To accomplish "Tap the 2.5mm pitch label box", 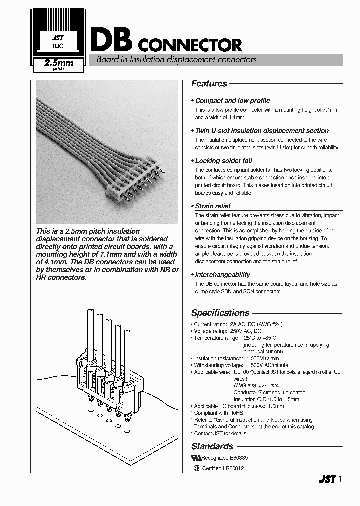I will (x=58, y=65).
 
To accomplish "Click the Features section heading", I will (x=209, y=84).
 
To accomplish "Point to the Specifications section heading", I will (x=220, y=313).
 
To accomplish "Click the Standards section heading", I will (x=212, y=446).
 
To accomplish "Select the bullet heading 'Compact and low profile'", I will (x=232, y=100).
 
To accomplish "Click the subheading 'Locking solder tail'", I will (x=223, y=161).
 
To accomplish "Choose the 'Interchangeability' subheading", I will (x=222, y=274).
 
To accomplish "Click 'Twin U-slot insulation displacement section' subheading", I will (x=261, y=130).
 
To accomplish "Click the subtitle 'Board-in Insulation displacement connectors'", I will (x=173, y=59).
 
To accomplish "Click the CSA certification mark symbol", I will (x=196, y=468).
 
